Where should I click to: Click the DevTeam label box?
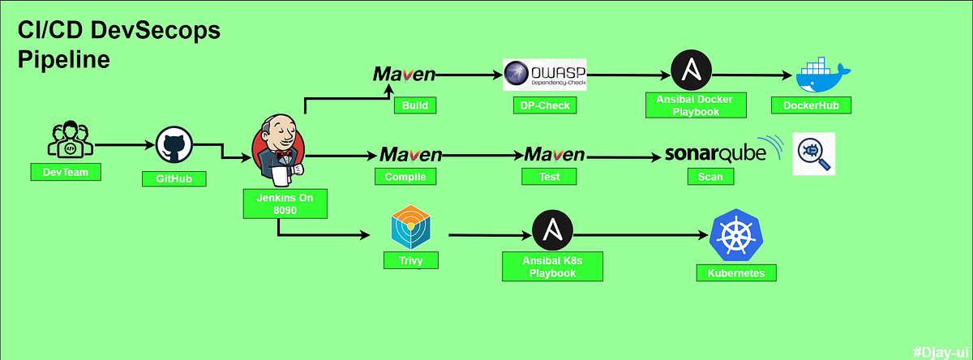(x=66, y=172)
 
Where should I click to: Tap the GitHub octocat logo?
(x=173, y=147)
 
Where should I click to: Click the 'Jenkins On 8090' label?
(x=285, y=203)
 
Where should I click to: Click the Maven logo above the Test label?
(x=555, y=154)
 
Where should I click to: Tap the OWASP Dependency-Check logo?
(x=545, y=75)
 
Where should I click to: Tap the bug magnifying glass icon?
(x=813, y=154)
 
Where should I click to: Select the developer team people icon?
(x=69, y=139)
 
